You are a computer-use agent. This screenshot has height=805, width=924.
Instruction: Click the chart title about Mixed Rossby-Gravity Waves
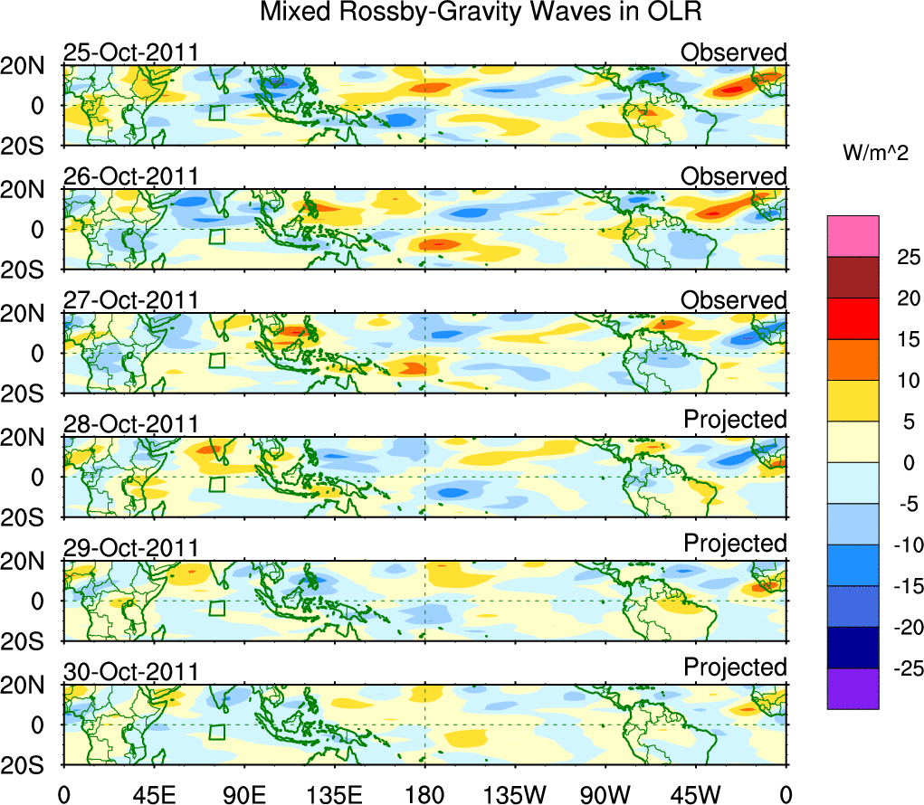coord(481,13)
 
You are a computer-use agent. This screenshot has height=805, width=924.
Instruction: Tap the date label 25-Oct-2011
coord(130,52)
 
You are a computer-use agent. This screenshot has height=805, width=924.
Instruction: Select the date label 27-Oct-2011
coord(130,300)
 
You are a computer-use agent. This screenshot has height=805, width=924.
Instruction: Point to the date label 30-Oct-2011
coord(130,672)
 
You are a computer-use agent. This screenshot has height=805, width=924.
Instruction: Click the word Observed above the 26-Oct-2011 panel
coord(734,176)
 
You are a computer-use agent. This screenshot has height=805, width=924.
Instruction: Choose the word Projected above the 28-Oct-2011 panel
coord(735,420)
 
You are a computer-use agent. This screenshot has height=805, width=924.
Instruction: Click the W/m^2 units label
coord(876,155)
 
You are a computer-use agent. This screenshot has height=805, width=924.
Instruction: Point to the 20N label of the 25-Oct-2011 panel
coord(30,66)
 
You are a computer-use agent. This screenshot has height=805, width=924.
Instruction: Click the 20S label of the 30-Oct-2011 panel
coord(30,765)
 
